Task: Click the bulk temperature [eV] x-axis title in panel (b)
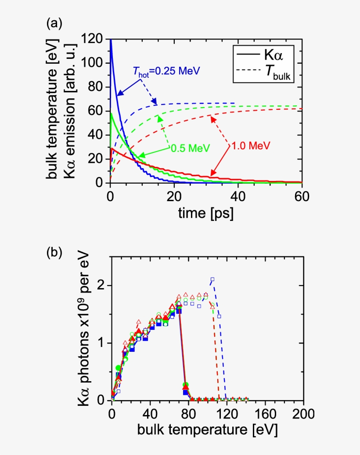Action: pyautogui.click(x=207, y=430)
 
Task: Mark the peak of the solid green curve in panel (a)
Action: pyautogui.click(x=111, y=113)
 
